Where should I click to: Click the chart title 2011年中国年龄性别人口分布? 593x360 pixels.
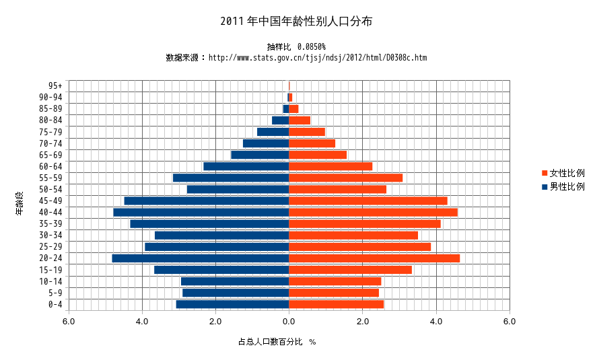tap(296, 22)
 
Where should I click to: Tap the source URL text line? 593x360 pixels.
tap(296, 58)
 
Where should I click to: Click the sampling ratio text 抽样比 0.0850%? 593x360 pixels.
tap(296, 46)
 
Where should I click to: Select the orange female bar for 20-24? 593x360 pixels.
tap(374, 258)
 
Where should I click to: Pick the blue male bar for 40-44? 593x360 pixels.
tap(201, 212)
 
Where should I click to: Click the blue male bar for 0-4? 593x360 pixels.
tap(232, 304)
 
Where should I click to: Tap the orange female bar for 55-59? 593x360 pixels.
tap(345, 178)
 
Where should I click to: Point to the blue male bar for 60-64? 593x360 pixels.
tap(246, 166)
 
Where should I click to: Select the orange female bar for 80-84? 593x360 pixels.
tap(300, 120)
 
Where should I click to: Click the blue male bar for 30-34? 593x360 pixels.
tap(221, 236)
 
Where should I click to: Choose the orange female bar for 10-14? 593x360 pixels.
tap(335, 281)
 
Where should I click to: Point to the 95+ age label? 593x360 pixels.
tap(55, 85)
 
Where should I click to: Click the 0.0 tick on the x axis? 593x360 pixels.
tap(289, 322)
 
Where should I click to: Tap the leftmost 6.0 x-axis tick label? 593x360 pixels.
tap(69, 322)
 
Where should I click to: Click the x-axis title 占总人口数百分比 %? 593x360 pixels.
tap(277, 342)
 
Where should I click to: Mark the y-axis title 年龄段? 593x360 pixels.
tap(20, 203)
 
